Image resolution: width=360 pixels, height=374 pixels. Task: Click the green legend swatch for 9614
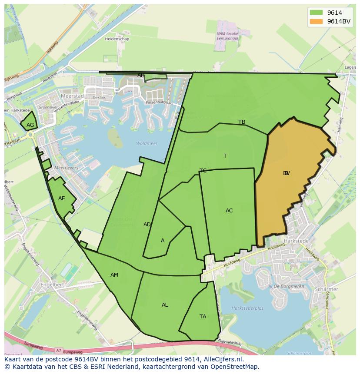tap(316, 13)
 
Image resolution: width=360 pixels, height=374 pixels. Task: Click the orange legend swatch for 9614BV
tap(316, 21)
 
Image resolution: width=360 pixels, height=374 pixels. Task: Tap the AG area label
tap(30, 125)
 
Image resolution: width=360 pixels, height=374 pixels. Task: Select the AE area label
tap(62, 199)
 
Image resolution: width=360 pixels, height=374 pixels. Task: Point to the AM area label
tap(114, 275)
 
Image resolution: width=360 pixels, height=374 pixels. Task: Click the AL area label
tap(165, 305)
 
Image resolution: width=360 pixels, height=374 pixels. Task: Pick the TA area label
tap(203, 317)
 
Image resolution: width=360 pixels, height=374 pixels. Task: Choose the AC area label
tap(229, 211)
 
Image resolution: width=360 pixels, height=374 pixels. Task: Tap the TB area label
tap(242, 122)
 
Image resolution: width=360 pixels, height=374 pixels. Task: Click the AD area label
tap(147, 225)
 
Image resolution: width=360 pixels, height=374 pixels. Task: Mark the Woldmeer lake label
tap(147, 143)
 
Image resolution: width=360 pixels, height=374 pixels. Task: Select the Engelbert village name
tap(52, 285)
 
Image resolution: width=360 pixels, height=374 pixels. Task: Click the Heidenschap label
tap(117, 39)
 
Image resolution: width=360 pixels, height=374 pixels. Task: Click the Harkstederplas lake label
tap(248, 308)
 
